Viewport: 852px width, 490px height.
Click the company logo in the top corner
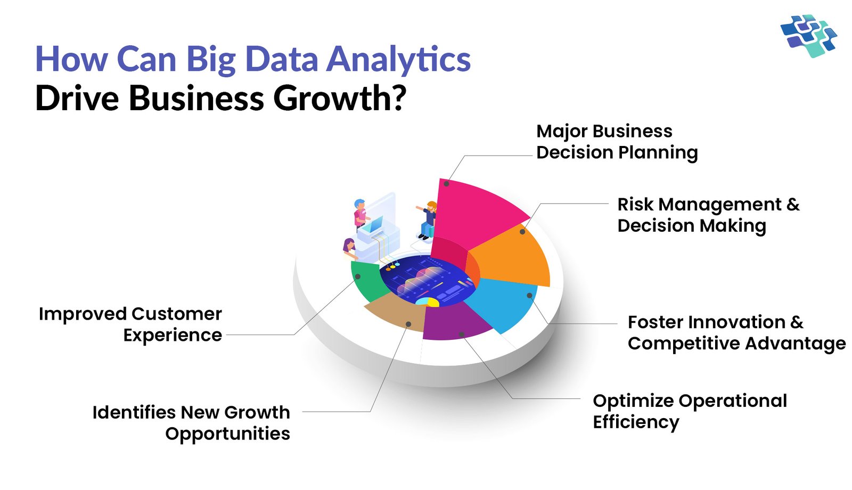tap(809, 35)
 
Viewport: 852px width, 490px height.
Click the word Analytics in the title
tap(398, 59)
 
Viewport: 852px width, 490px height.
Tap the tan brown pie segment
tap(397, 312)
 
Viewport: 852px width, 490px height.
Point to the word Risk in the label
tap(635, 205)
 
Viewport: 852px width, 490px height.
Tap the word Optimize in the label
tap(633, 401)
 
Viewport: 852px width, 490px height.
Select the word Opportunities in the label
tap(227, 434)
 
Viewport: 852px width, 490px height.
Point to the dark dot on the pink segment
tap(446, 184)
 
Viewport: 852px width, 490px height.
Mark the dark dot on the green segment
tap(358, 276)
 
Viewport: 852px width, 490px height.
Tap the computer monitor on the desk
tap(375, 225)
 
